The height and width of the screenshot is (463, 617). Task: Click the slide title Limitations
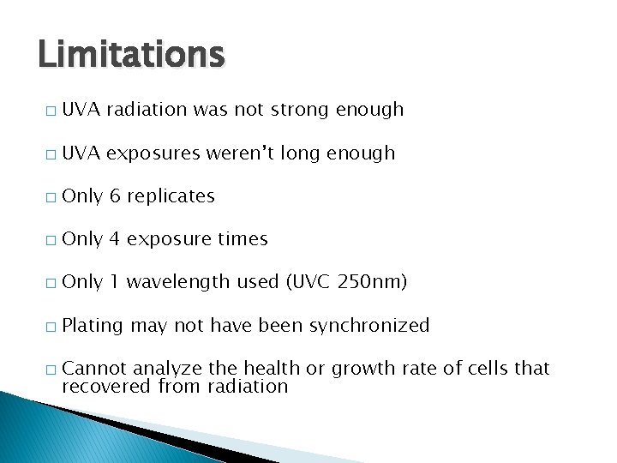(x=131, y=55)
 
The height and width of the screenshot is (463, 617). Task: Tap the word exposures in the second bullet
(x=153, y=154)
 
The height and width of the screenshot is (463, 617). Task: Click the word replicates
(x=172, y=196)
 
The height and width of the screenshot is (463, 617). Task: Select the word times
(x=243, y=239)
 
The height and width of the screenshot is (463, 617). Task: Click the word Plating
(x=93, y=326)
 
